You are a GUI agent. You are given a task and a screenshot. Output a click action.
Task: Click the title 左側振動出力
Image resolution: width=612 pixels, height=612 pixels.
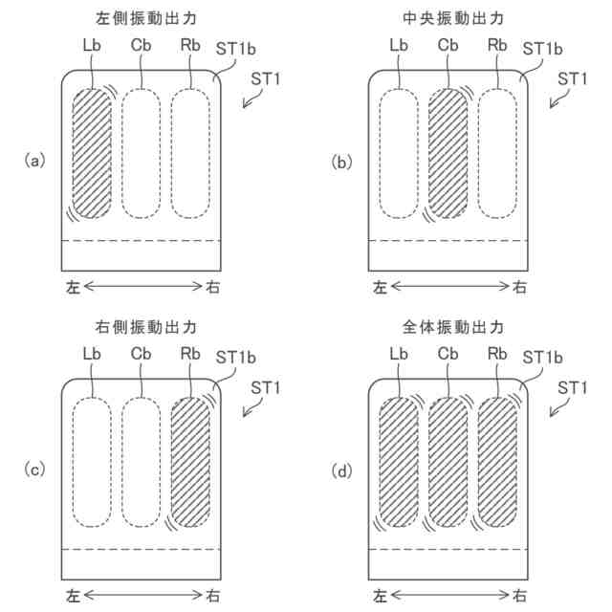142,19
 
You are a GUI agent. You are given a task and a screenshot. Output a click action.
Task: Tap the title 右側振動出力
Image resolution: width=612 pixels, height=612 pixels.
142,327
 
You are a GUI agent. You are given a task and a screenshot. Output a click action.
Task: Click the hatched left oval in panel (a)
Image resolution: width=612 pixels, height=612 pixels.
93,153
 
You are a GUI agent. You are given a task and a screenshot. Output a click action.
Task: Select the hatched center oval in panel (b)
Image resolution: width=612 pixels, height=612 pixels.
448,153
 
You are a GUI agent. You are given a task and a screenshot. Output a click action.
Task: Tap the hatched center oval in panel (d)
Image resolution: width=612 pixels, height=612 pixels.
448,461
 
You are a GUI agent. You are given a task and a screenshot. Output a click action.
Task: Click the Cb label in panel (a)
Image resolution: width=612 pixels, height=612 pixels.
141,45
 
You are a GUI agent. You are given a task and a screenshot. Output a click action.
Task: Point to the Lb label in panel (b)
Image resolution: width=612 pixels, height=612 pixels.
399,45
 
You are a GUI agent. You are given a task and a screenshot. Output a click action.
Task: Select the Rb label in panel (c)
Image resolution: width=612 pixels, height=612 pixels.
189,354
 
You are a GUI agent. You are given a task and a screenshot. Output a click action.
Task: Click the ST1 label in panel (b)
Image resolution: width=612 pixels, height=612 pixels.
571,77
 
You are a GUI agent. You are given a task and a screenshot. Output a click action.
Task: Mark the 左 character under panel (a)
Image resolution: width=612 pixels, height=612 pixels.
72,286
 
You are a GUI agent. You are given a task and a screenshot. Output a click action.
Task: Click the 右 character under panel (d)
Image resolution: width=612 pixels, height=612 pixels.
519,594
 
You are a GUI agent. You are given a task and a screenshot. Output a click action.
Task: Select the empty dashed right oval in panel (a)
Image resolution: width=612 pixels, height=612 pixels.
189,153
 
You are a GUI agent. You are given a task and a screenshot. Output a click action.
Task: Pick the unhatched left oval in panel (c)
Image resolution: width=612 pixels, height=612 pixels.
93,461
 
